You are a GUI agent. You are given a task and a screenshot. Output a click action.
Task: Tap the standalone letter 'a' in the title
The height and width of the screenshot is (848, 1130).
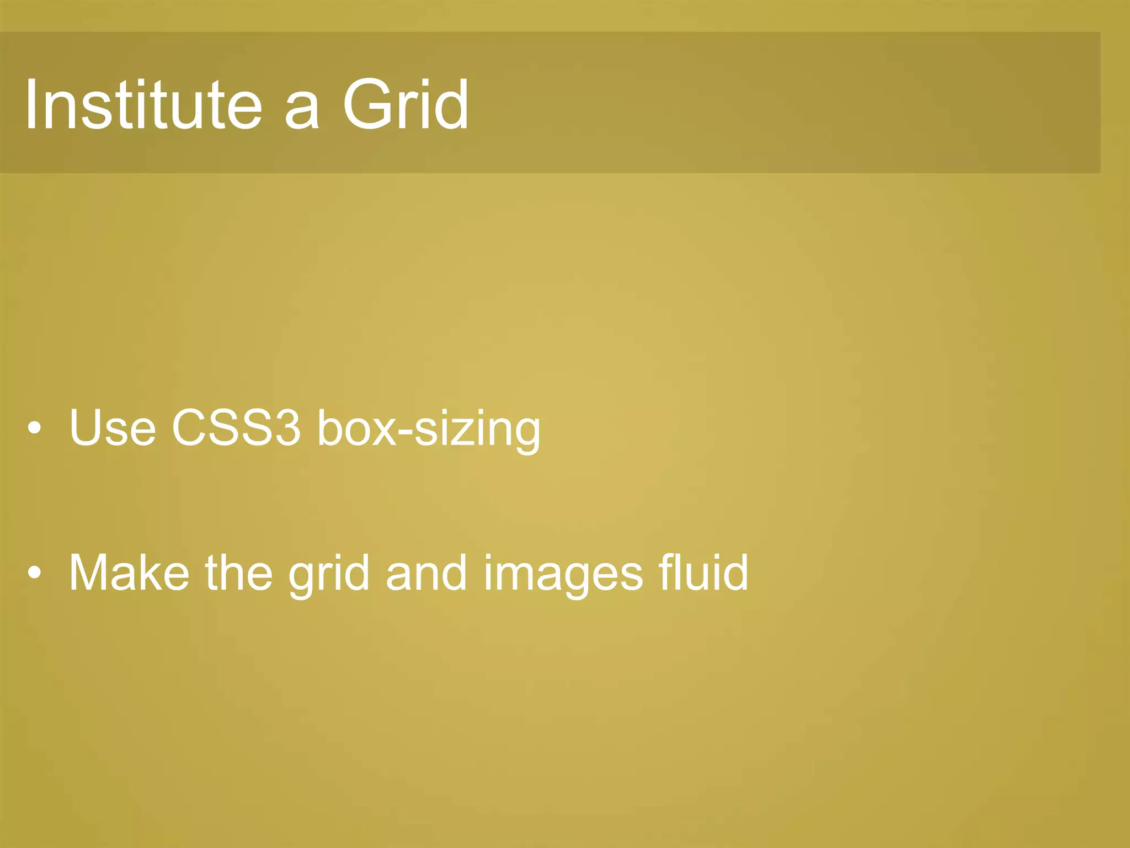[x=302, y=110]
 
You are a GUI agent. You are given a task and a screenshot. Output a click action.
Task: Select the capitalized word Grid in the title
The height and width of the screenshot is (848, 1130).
[x=406, y=105]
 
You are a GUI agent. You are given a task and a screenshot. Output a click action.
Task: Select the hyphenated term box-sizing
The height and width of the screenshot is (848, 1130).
[x=429, y=430]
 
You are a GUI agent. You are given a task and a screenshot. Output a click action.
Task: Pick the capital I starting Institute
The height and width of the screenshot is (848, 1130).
[x=31, y=105]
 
